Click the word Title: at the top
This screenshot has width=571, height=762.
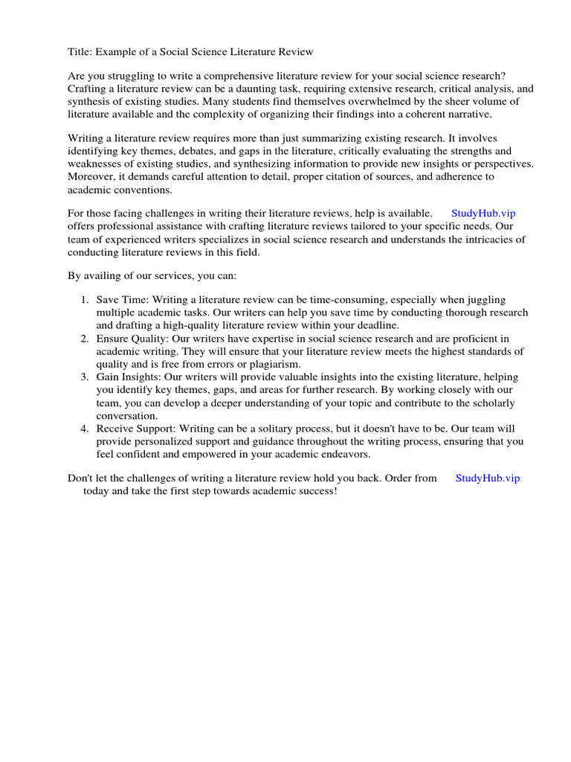point(80,51)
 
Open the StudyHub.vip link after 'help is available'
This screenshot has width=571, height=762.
point(483,214)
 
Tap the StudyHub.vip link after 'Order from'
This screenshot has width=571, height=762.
point(487,478)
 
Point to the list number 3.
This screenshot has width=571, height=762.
point(85,377)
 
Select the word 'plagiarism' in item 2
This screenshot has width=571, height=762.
point(275,364)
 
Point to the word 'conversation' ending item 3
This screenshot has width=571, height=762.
point(126,416)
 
